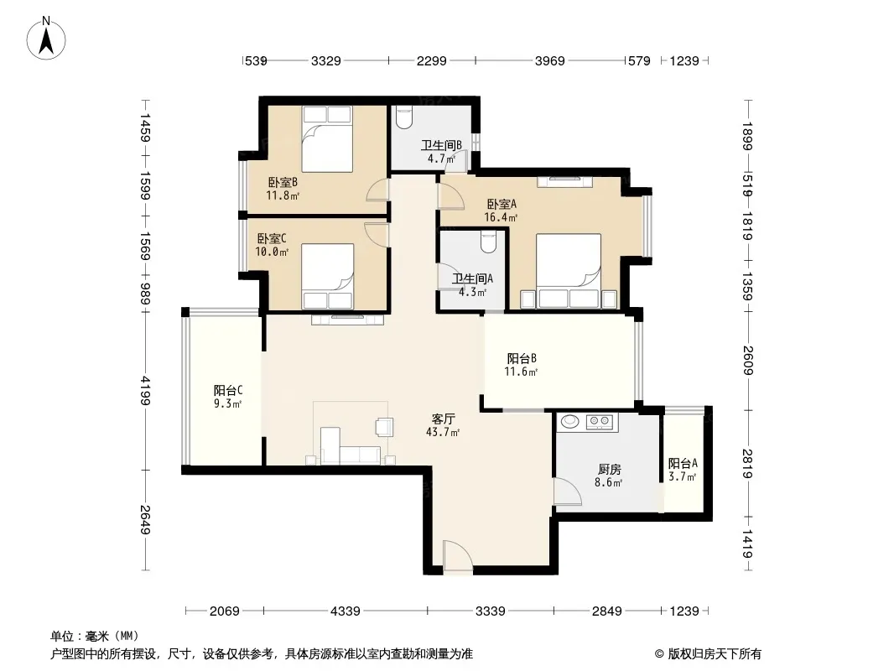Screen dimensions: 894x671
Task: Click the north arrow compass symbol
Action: pos(46,38)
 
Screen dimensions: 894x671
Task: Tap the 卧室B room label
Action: pos(283,183)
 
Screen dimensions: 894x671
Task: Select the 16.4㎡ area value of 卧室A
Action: pos(501,217)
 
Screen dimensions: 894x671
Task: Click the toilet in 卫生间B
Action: pos(403,118)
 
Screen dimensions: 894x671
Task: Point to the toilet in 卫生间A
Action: pos(488,242)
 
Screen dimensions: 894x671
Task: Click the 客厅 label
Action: pos(443,419)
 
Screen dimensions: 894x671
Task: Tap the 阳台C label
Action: pos(228,391)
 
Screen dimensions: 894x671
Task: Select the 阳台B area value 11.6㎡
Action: pos(521,372)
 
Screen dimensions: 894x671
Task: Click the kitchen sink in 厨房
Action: pos(569,421)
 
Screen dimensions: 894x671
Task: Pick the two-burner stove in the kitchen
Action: pos(600,421)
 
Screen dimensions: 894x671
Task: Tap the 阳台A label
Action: pos(683,464)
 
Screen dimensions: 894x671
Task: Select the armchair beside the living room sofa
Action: pos(384,427)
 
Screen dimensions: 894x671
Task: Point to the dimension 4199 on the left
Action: pos(146,391)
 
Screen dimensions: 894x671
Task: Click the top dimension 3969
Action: pos(549,61)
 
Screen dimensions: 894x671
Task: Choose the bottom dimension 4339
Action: pos(345,611)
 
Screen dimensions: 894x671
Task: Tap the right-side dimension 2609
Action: pos(748,361)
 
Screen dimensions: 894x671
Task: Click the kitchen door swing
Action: pos(567,492)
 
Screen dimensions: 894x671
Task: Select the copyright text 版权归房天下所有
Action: pos(715,654)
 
